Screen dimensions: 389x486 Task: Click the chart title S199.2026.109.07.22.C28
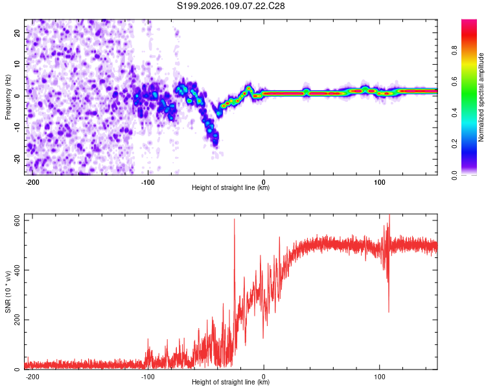(231, 6)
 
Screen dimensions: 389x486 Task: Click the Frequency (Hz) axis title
(8, 97)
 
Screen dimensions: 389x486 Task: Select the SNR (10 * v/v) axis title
(8, 294)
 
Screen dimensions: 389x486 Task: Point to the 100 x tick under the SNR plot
(379, 376)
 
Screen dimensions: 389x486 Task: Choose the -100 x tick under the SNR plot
(148, 376)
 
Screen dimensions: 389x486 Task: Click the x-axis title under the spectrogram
(231, 188)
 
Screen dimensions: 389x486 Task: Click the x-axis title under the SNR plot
(231, 383)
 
